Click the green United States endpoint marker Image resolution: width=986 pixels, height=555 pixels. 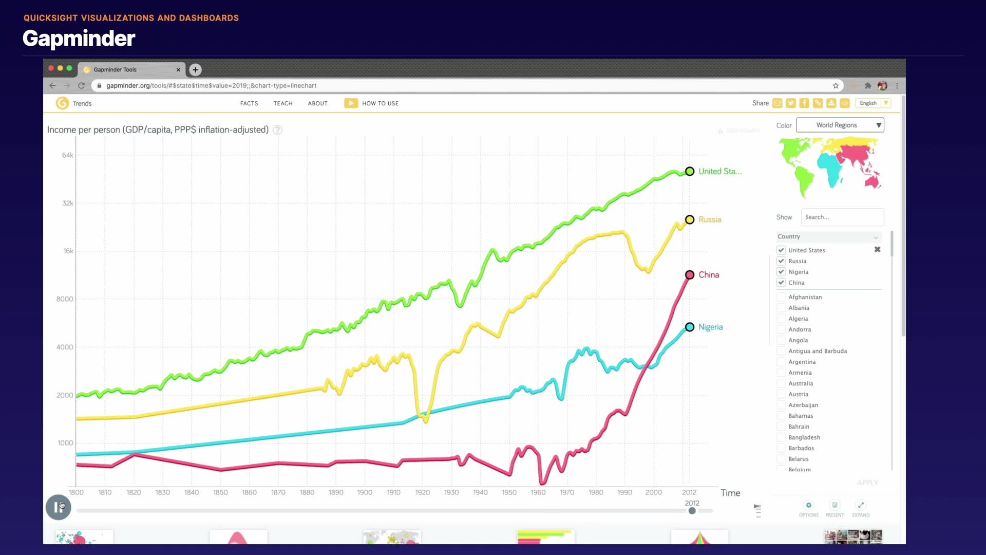pos(690,172)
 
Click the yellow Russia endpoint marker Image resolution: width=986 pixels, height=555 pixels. pos(690,219)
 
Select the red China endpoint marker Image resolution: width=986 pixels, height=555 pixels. pos(690,275)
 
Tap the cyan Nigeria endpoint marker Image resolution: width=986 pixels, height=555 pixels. pos(690,327)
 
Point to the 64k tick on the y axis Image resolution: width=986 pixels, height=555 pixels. pos(68,155)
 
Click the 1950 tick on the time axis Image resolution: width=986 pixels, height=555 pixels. pos(509,492)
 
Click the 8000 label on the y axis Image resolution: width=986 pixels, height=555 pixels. pos(65,299)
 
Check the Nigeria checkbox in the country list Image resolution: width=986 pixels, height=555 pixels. pos(781,272)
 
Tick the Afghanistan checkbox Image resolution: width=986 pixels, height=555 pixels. pos(781,297)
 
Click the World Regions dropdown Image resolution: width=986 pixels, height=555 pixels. pos(840,125)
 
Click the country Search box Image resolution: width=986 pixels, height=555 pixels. pos(842,217)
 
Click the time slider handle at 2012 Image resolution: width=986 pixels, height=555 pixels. pos(692,511)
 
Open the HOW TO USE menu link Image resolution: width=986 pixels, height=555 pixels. pos(380,103)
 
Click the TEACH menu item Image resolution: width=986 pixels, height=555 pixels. pos(283,103)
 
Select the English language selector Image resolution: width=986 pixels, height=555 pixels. pos(873,103)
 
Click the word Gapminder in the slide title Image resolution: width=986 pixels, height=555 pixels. pos(79,39)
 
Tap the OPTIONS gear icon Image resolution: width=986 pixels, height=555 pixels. pos(809,505)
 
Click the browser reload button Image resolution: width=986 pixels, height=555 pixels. pos(81,86)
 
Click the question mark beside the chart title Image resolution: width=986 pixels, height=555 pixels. pos(278,130)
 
